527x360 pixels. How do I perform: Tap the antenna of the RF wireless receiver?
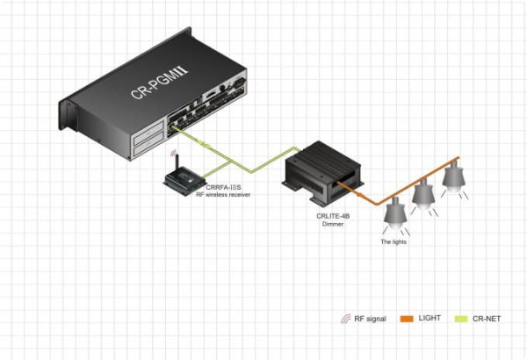(177, 165)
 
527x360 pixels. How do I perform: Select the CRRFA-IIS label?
(221, 187)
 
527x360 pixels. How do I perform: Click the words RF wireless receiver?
(227, 194)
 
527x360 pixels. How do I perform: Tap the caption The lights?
(393, 241)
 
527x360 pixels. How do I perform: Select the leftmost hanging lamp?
(396, 212)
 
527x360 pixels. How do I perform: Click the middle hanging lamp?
(424, 195)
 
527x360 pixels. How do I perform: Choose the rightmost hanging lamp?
(452, 176)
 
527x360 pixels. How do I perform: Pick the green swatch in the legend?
(460, 318)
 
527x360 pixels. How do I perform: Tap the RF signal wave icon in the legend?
(346, 318)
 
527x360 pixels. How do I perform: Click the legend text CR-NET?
(485, 318)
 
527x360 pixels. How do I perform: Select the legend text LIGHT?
(430, 318)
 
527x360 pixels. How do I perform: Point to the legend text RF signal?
(370, 318)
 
